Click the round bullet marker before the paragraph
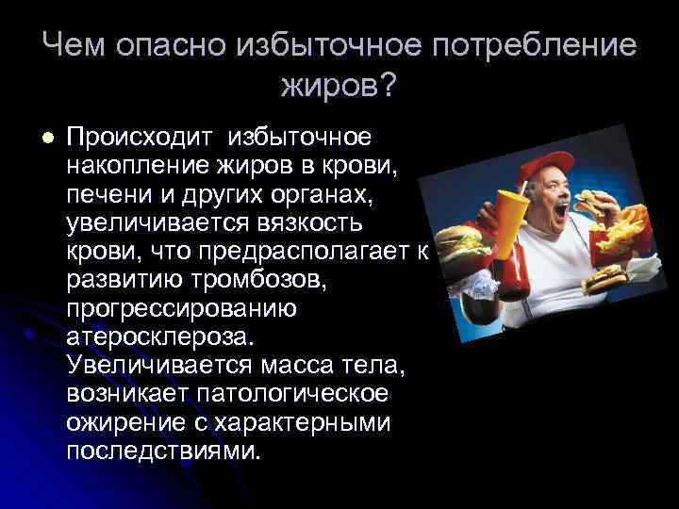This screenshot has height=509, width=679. [x=48, y=138]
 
